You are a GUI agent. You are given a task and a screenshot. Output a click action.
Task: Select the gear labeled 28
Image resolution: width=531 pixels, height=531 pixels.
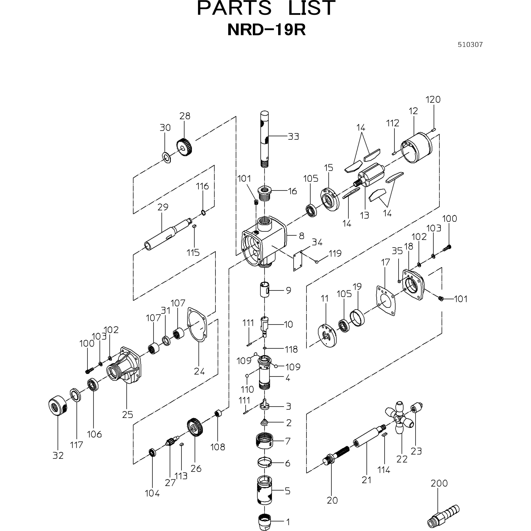[x=184, y=147]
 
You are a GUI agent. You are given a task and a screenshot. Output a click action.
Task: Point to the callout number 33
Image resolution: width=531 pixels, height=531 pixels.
[x=293, y=136]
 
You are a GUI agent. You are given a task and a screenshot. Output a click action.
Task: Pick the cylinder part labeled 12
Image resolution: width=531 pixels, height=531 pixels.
[x=417, y=148]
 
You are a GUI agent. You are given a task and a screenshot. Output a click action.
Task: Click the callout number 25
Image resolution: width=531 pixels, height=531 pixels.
[x=128, y=414]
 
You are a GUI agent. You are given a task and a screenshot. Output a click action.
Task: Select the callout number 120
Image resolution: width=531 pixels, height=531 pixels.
[x=433, y=100]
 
